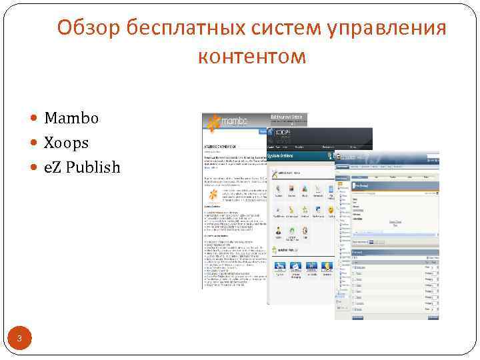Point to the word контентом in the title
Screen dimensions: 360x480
pos(252,57)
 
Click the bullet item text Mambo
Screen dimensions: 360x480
pos(71,119)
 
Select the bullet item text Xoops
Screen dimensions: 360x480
pos(66,143)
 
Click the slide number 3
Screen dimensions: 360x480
pos(20,340)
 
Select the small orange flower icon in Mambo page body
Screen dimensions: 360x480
pos(212,195)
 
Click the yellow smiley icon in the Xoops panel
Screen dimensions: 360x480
pos(330,210)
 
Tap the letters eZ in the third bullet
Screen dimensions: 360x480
pos(51,167)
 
